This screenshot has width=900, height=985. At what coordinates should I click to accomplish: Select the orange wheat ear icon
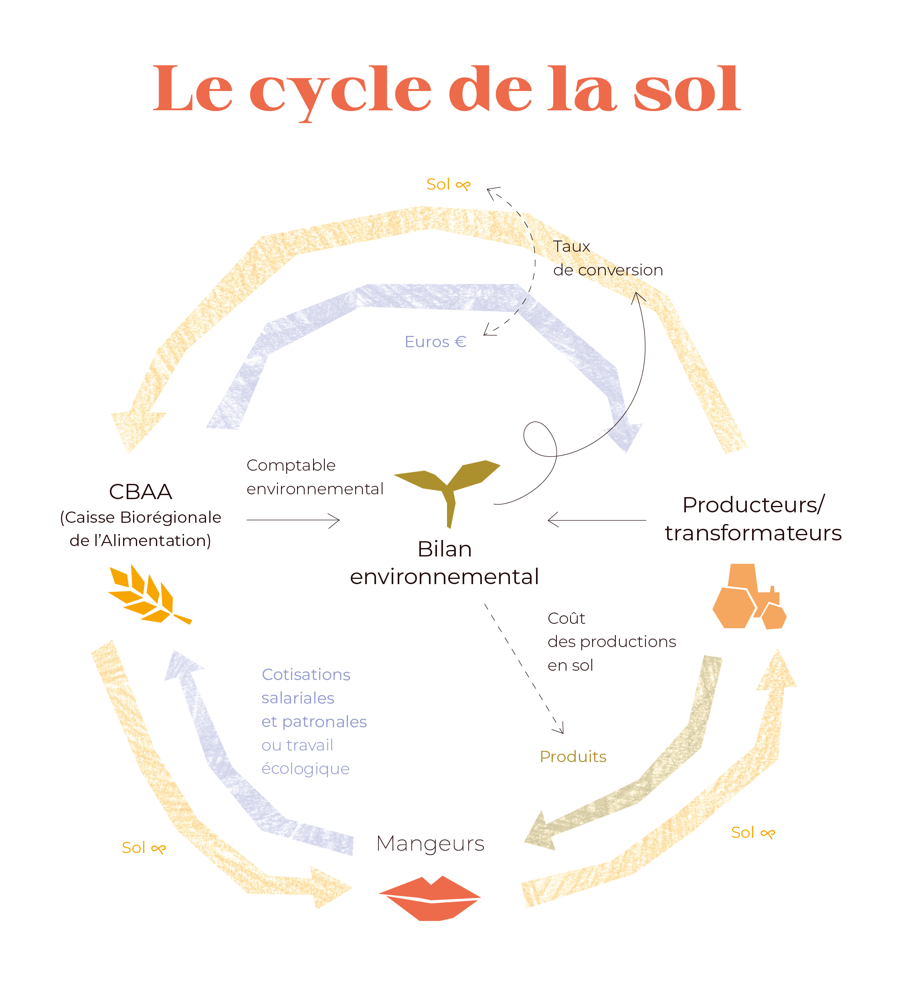click(x=147, y=595)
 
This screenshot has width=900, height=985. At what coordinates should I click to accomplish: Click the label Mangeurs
click(x=430, y=844)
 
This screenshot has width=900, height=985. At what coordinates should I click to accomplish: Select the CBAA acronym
click(x=140, y=492)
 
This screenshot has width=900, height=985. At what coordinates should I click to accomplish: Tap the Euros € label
click(x=435, y=342)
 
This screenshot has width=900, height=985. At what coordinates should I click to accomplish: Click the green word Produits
click(x=572, y=757)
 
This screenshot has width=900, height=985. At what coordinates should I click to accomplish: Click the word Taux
click(x=571, y=247)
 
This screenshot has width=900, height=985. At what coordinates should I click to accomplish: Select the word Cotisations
click(x=306, y=675)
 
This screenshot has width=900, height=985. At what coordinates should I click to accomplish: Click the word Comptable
click(x=291, y=465)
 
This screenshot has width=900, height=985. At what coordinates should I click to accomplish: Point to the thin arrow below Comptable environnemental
click(x=293, y=520)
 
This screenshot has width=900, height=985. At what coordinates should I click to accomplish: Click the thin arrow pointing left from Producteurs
click(x=597, y=520)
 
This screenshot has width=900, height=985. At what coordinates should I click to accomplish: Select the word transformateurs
click(x=753, y=533)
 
